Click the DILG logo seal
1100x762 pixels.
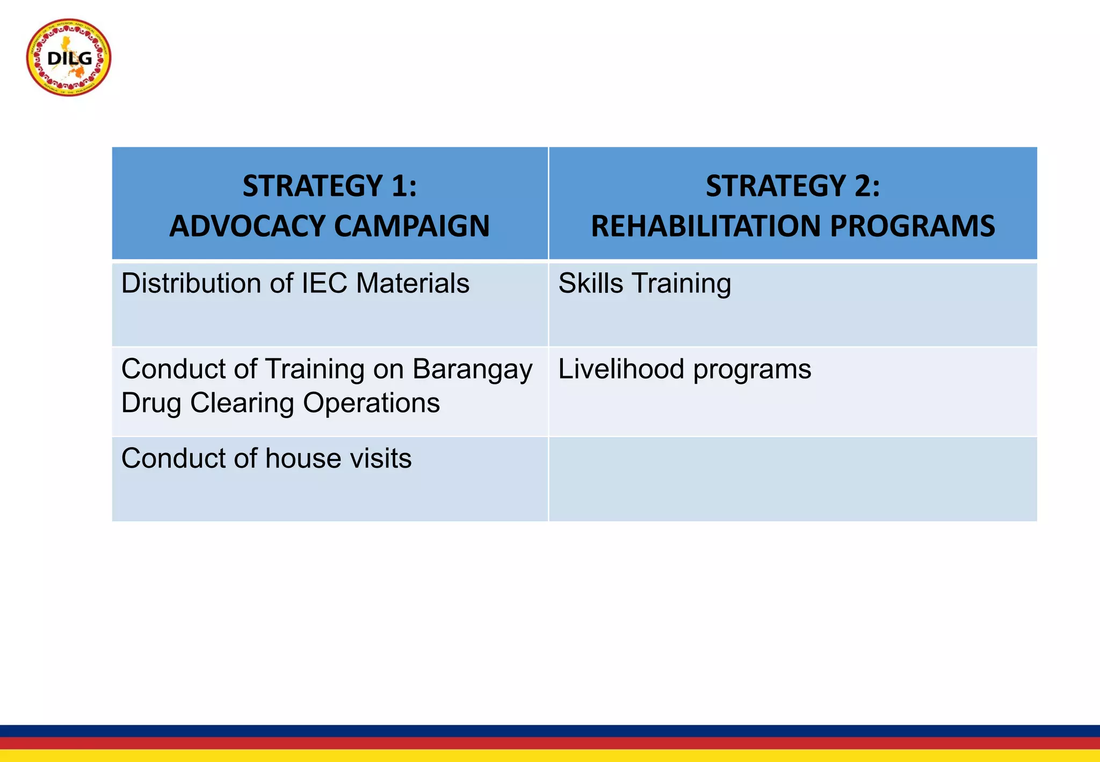tap(69, 57)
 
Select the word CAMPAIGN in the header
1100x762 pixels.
tap(412, 226)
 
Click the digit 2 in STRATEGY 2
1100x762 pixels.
tap(862, 186)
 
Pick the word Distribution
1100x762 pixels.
tap(192, 283)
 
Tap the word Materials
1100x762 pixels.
tap(412, 283)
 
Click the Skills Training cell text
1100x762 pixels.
tap(645, 283)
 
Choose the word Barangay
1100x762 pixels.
tap(472, 370)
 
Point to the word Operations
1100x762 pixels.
tap(371, 403)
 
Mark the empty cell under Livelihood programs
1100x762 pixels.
tap(793, 479)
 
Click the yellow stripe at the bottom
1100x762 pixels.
tap(550, 756)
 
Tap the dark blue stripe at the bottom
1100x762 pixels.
tap(550, 731)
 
